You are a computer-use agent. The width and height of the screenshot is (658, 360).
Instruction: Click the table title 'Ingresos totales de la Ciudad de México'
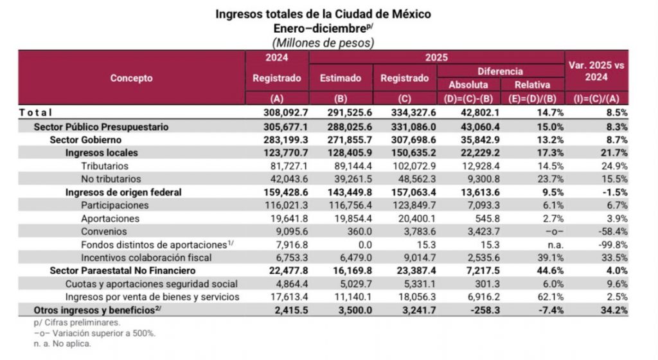click(323, 14)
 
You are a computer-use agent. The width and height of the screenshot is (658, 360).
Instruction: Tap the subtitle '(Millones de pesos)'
click(323, 42)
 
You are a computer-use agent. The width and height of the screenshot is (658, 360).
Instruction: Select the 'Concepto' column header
click(131, 78)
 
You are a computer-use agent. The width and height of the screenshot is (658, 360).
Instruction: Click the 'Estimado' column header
click(340, 78)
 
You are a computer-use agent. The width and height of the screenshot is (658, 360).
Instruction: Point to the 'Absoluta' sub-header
click(468, 85)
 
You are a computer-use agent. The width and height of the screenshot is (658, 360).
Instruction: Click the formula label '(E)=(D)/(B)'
click(531, 98)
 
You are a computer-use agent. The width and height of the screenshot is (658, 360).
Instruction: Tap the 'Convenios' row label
click(104, 231)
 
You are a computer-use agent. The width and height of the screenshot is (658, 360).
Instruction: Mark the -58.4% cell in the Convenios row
click(613, 231)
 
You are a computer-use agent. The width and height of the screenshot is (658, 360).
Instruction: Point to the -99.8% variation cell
click(613, 244)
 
